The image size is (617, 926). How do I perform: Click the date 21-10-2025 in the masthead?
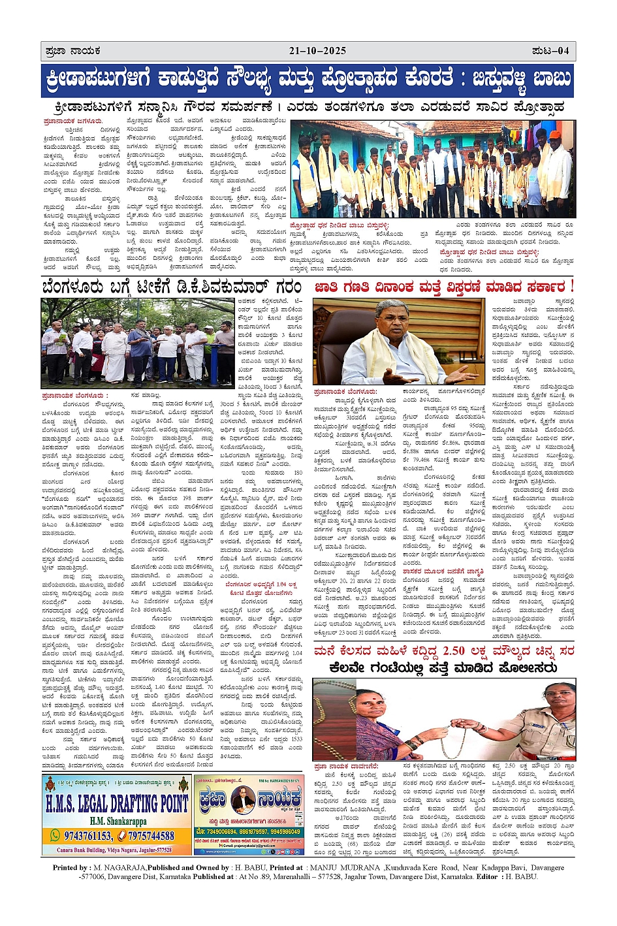tap(317, 51)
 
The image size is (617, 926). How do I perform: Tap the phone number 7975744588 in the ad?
tap(151, 836)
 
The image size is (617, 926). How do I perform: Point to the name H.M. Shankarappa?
tap(118, 821)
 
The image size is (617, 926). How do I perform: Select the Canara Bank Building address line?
tap(114, 850)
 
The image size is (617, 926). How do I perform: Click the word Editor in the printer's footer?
tap(489, 876)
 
